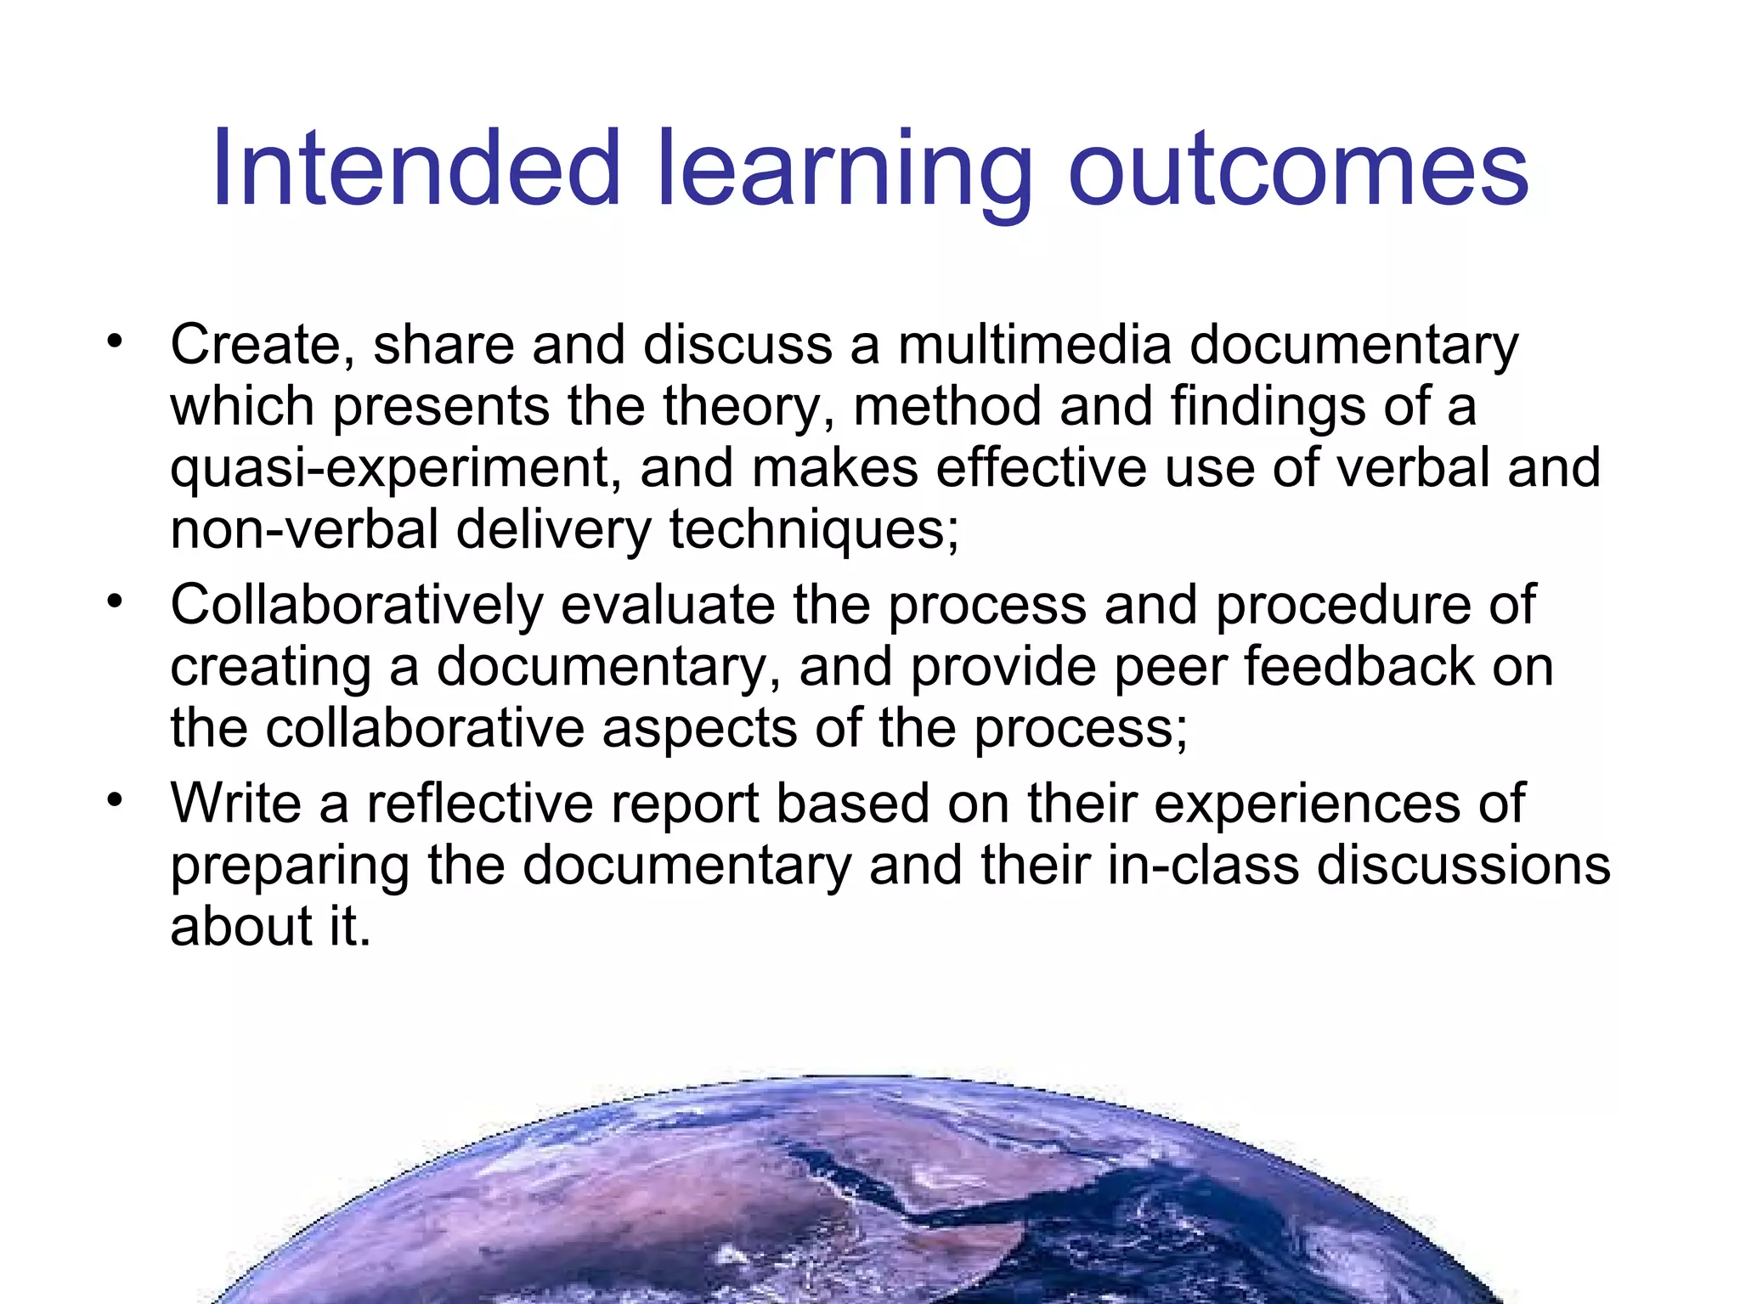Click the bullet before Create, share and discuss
(x=115, y=342)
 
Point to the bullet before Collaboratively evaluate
(x=115, y=602)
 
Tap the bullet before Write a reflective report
(x=115, y=800)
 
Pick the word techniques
(x=814, y=530)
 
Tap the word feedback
(x=1359, y=666)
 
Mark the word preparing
(x=289, y=867)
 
